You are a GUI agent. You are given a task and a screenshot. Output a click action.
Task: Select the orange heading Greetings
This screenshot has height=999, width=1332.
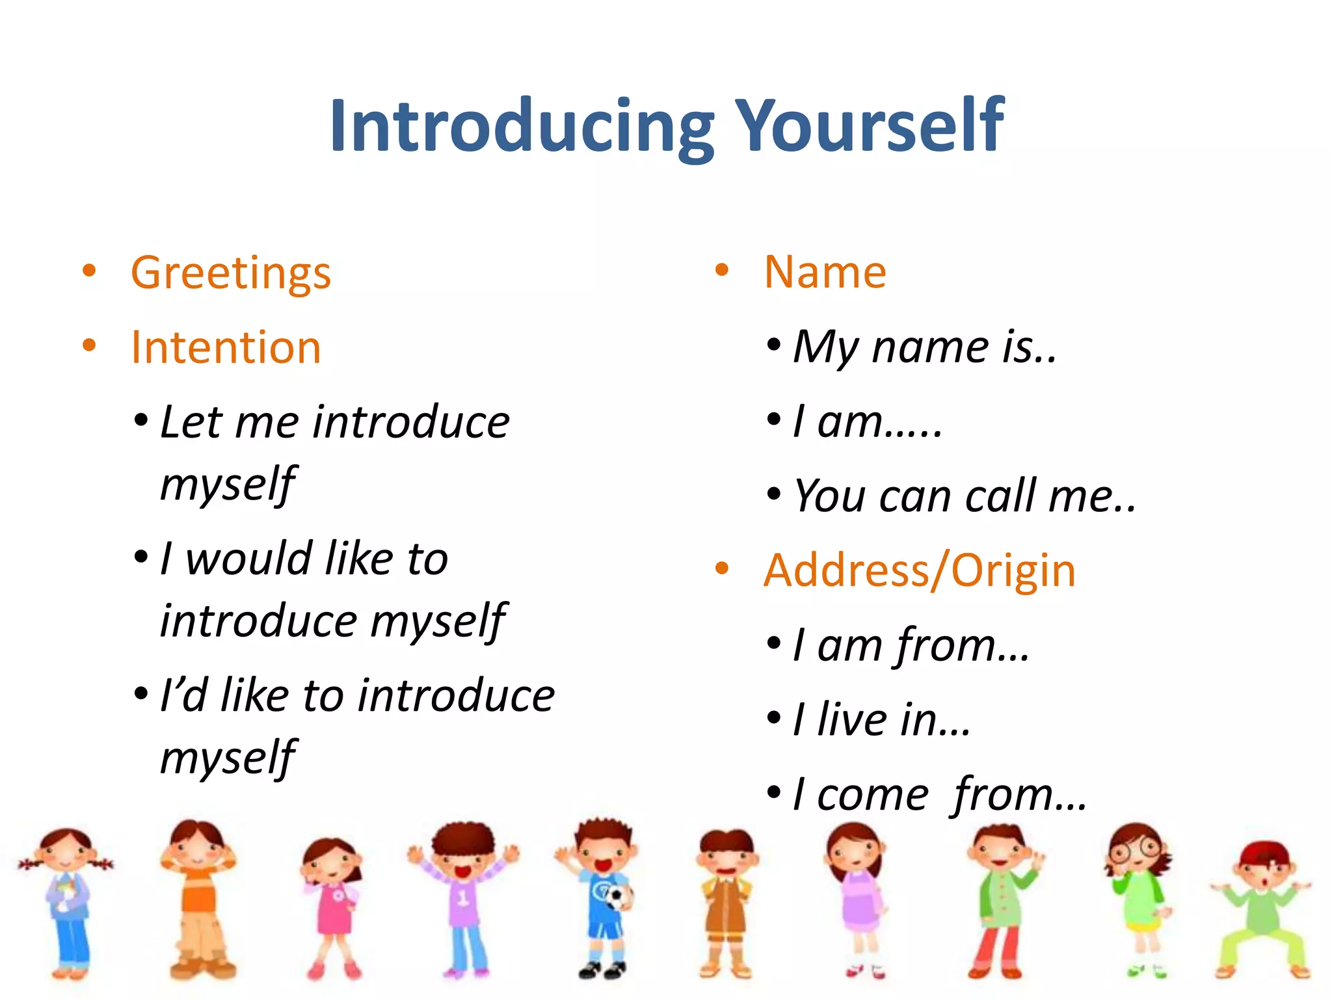(231, 273)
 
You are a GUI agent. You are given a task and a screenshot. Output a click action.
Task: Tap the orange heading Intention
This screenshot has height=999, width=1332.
(226, 347)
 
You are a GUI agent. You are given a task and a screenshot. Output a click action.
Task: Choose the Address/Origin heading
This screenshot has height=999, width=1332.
(920, 570)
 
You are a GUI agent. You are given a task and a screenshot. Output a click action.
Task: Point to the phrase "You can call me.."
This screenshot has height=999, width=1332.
(965, 496)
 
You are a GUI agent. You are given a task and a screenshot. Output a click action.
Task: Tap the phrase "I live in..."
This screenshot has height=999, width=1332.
(881, 720)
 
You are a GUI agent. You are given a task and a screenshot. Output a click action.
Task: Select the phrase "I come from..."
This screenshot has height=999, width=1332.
(939, 795)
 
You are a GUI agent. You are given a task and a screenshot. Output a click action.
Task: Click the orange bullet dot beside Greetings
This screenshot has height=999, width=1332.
(89, 271)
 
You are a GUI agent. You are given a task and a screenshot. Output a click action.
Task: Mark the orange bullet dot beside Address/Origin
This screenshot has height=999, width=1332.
(721, 568)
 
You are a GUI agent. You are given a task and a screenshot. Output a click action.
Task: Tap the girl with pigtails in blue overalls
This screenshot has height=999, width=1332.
(67, 901)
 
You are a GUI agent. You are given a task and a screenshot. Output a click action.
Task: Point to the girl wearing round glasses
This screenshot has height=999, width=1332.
(1139, 898)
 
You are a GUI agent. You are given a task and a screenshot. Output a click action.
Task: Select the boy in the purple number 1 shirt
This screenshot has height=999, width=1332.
(463, 898)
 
